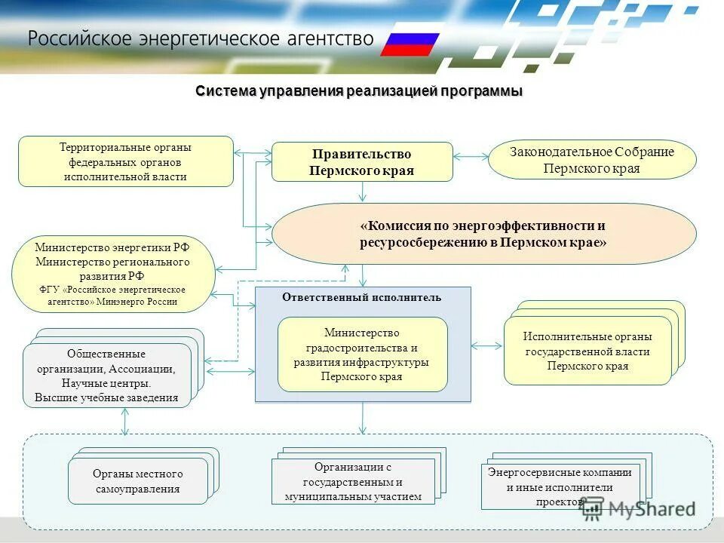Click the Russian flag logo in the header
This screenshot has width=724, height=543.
pyautogui.click(x=410, y=44)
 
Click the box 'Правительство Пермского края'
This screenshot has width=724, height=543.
pyautogui.click(x=362, y=161)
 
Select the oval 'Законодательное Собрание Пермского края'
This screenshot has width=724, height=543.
pyautogui.click(x=592, y=160)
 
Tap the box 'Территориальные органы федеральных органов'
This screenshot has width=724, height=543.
pyautogui.click(x=126, y=161)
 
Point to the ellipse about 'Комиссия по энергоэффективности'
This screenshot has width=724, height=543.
pyautogui.click(x=483, y=234)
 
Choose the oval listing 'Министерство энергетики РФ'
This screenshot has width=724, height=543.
pyautogui.click(x=113, y=274)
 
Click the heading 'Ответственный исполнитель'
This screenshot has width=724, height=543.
pyautogui.click(x=362, y=297)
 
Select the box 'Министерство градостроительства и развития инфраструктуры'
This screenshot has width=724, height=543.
pyautogui.click(x=362, y=354)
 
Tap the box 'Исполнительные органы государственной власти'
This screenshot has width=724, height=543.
pyautogui.click(x=587, y=351)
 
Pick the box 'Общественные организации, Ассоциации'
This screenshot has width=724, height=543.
pyautogui.click(x=106, y=376)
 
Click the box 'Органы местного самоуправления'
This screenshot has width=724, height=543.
pyautogui.click(x=138, y=481)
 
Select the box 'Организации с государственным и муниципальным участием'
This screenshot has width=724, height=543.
pyautogui.click(x=353, y=481)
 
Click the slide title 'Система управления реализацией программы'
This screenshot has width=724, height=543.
pyautogui.click(x=359, y=91)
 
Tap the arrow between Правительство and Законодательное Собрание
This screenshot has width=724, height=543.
pyautogui.click(x=471, y=157)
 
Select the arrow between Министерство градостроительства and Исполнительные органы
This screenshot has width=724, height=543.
pyautogui.click(x=486, y=346)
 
